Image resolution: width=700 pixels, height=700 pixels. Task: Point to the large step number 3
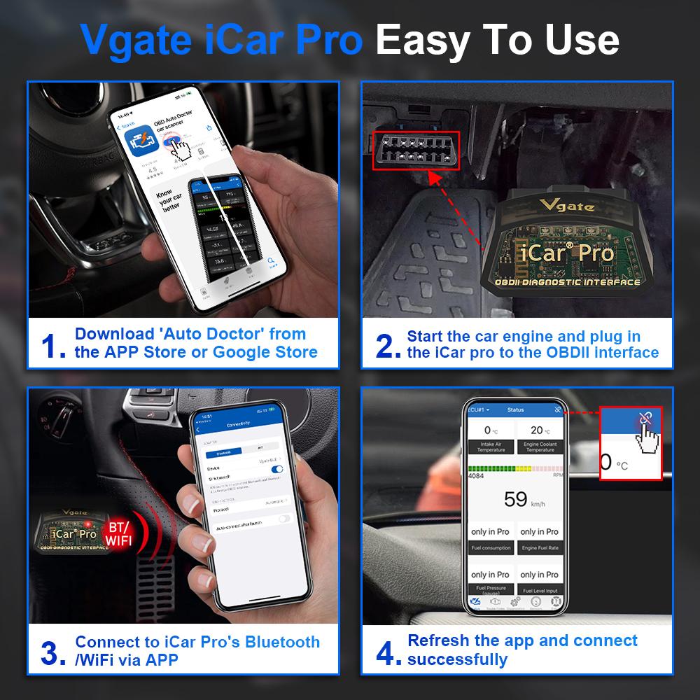click(54, 652)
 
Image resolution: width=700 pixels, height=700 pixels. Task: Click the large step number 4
click(387, 652)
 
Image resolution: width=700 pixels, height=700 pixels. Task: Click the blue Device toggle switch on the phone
click(277, 469)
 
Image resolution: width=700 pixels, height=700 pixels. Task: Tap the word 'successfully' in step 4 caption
click(457, 659)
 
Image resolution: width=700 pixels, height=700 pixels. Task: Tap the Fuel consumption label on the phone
click(491, 548)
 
